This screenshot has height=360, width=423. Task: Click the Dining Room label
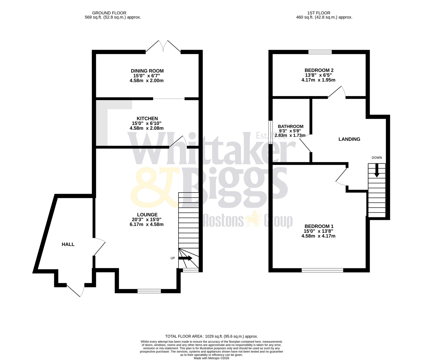pyautogui.click(x=147, y=71)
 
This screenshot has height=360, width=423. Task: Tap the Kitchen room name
pyautogui.click(x=147, y=118)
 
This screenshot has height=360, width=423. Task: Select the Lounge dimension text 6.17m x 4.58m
pyautogui.click(x=147, y=224)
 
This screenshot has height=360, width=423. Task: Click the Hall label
pyautogui.click(x=68, y=244)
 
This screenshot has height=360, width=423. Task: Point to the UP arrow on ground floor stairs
pyautogui.click(x=186, y=258)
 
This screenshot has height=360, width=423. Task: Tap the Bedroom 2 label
pyautogui.click(x=319, y=70)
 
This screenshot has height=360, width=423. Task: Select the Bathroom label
pyautogui.click(x=290, y=126)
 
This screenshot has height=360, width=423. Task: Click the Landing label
pyautogui.click(x=349, y=139)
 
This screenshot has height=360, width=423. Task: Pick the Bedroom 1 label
pyautogui.click(x=318, y=226)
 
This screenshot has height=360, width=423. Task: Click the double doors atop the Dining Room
pyautogui.click(x=163, y=47)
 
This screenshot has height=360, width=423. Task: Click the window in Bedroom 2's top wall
pyautogui.click(x=320, y=52)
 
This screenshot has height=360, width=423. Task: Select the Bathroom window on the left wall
pyautogui.click(x=271, y=132)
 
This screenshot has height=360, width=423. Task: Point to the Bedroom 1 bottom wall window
pyautogui.click(x=322, y=270)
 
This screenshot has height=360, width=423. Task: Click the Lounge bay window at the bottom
pyautogui.click(x=149, y=291)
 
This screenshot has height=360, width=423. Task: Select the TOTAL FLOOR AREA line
pyautogui.click(x=211, y=336)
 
